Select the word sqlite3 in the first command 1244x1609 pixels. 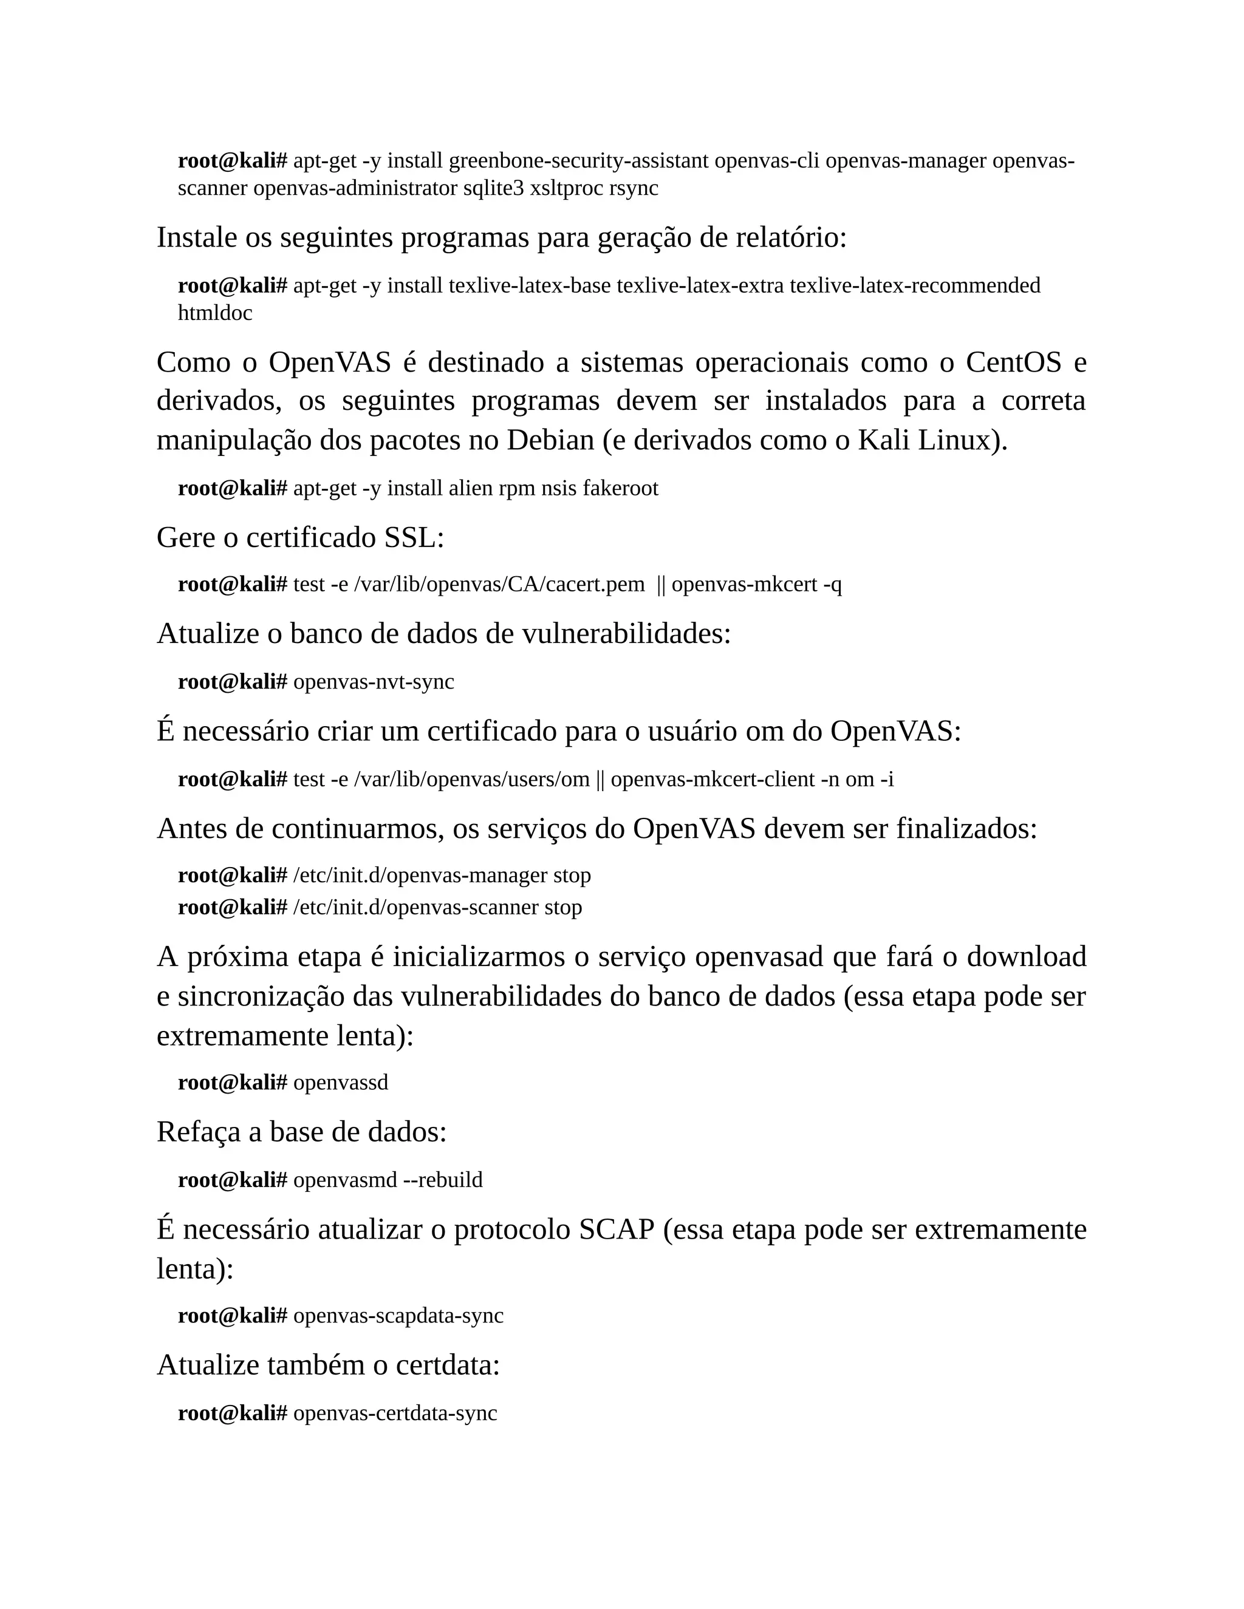tap(493, 189)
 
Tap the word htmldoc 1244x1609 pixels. tap(214, 313)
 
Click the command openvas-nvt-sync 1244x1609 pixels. tap(374, 682)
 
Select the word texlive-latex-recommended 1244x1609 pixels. tap(915, 285)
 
